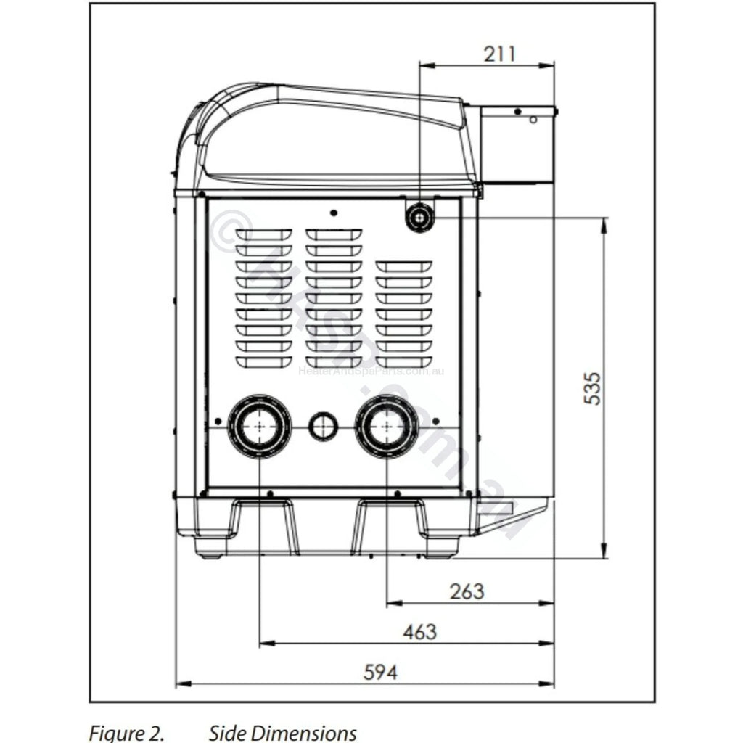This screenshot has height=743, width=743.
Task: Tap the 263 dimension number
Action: (x=467, y=591)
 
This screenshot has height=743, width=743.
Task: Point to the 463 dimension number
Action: (x=419, y=631)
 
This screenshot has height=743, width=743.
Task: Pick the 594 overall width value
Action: (x=380, y=673)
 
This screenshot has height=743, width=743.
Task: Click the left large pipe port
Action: (x=259, y=427)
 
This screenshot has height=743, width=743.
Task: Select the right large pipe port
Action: (x=387, y=427)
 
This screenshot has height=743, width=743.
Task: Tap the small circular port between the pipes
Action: (x=323, y=426)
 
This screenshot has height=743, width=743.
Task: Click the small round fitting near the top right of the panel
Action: (x=420, y=216)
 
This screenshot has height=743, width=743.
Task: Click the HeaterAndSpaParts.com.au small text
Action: (x=371, y=371)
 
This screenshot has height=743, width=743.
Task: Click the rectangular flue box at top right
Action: (x=512, y=145)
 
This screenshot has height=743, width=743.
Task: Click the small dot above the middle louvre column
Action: (x=333, y=213)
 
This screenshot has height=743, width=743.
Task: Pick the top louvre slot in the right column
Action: (x=404, y=266)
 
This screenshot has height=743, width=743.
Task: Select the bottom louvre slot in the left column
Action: (x=263, y=361)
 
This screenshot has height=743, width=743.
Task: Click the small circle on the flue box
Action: (x=532, y=119)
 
